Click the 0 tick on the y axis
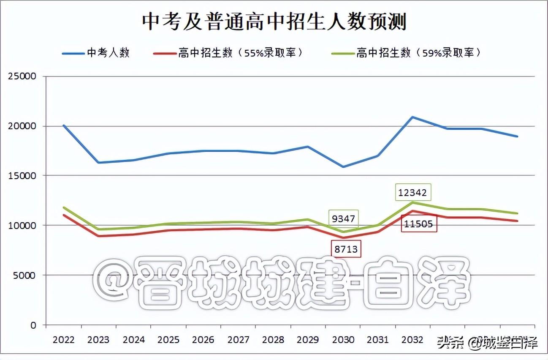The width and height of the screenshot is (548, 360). (34, 325)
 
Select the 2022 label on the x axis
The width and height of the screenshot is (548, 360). (63, 340)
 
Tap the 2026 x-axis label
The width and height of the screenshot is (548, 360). (203, 340)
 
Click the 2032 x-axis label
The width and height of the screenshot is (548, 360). (412, 340)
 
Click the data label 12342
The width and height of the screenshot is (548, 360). (412, 194)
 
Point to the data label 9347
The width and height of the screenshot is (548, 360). (343, 219)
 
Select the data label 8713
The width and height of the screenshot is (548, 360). (346, 249)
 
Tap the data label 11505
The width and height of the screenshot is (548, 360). (419, 224)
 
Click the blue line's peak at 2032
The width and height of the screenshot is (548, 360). (412, 117)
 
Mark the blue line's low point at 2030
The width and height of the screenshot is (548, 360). (343, 167)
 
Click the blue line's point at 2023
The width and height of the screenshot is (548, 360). (98, 162)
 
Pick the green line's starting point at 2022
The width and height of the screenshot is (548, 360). (63, 207)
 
